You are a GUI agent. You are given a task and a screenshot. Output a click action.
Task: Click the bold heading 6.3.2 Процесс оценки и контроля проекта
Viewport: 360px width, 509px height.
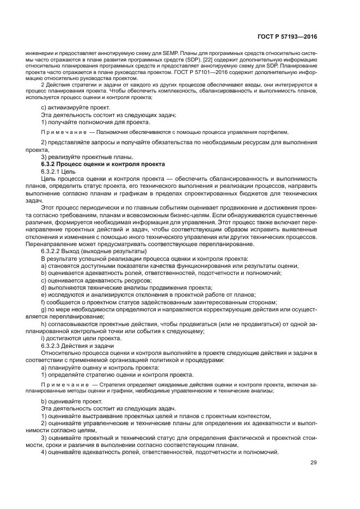point(103,164)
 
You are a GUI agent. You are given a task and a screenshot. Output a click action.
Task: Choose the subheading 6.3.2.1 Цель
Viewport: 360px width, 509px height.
point(59,171)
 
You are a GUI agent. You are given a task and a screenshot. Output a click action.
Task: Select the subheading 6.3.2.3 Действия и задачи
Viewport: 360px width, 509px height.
point(77,346)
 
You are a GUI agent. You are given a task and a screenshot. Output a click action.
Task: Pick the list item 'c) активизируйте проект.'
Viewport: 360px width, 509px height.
point(75,107)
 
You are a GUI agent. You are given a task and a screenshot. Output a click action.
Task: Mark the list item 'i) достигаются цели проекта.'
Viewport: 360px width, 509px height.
point(81,338)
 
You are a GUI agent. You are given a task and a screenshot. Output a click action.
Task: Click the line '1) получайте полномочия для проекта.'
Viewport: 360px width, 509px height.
point(95,122)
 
